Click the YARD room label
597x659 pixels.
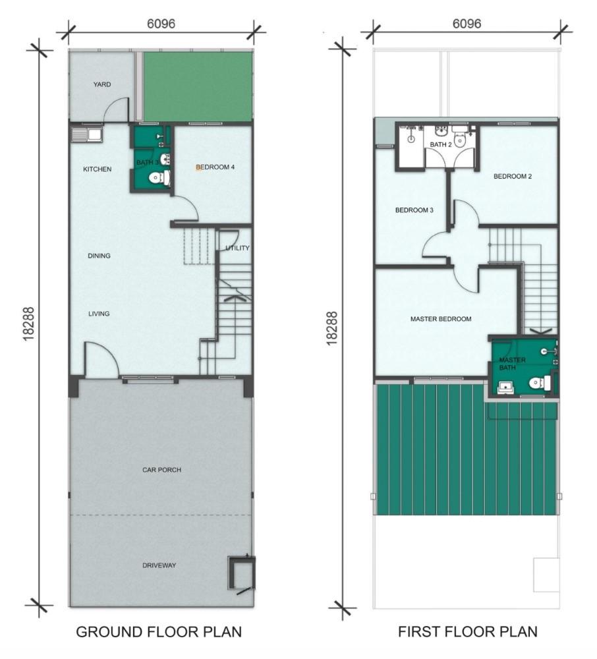(102, 84)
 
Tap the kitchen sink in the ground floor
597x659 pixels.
(86, 135)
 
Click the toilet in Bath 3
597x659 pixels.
(159, 178)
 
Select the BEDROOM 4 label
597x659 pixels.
(215, 167)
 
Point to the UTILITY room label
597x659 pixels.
(237, 248)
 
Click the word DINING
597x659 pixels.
(99, 256)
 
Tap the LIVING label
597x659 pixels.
(99, 314)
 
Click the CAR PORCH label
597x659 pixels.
(161, 470)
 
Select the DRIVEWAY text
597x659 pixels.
(159, 565)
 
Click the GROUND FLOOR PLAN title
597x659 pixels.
(159, 632)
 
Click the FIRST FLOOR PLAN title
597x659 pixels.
(468, 632)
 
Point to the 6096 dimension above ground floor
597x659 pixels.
(161, 24)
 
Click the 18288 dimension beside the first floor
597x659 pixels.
(332, 328)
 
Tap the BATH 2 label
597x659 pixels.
(441, 144)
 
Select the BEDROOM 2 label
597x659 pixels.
(513, 177)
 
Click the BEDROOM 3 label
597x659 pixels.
(414, 210)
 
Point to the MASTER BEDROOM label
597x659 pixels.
(441, 319)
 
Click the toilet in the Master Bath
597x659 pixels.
(540, 384)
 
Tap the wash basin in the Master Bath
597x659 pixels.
(506, 387)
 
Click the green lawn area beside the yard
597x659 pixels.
(198, 86)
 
